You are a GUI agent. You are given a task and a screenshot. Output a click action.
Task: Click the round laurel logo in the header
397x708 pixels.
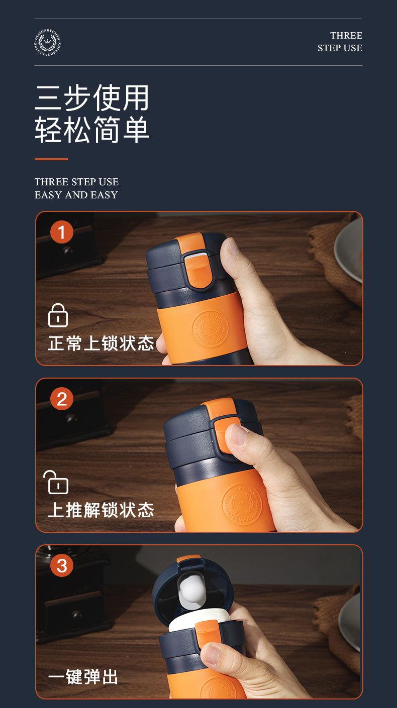coord(48,42)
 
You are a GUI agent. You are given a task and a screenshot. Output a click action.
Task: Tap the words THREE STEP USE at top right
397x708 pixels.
coord(340,42)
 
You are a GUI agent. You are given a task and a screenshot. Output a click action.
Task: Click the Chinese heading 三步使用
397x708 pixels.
coord(92,97)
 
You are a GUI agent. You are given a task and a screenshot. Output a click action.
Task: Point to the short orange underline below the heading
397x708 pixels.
coord(51,159)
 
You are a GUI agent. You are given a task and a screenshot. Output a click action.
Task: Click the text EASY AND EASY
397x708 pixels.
coord(76,195)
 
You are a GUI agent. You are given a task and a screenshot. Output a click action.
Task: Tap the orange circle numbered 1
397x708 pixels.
coord(62,232)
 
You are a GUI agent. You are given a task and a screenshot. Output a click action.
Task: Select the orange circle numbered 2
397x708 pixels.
coord(62,399)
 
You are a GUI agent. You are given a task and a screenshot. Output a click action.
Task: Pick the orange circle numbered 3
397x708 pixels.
coord(62,566)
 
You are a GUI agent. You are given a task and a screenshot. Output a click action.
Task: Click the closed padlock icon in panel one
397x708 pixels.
coord(58,315)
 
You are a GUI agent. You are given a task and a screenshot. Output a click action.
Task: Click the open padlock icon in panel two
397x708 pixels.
coord(56,482)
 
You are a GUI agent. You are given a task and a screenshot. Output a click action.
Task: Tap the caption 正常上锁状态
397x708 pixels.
coord(101,343)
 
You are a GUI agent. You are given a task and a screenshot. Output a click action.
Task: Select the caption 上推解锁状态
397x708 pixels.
coord(101,510)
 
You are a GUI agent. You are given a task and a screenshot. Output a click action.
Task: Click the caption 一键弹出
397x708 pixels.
coord(83,677)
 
